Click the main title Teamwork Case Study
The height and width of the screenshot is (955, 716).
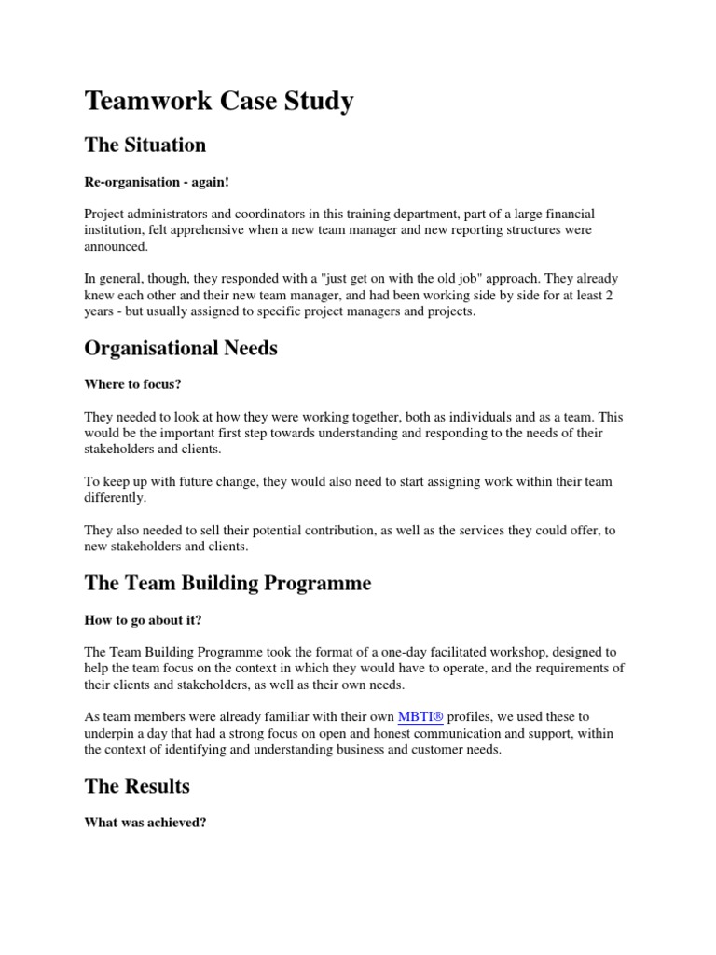pyautogui.click(x=219, y=101)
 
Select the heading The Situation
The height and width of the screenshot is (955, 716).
pyautogui.click(x=145, y=145)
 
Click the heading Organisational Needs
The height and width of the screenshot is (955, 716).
pyautogui.click(x=181, y=348)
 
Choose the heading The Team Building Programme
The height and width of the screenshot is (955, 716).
pyautogui.click(x=227, y=583)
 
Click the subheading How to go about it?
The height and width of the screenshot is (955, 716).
pyautogui.click(x=143, y=619)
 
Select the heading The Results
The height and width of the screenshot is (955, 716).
pyautogui.click(x=137, y=785)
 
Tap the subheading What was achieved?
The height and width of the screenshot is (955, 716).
pyautogui.click(x=145, y=823)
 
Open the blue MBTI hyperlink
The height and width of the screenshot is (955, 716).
pyautogui.click(x=421, y=716)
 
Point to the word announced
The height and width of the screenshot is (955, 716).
pyautogui.click(x=116, y=247)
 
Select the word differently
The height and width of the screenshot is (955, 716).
pyautogui.click(x=115, y=498)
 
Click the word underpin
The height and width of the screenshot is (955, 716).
pyautogui.click(x=110, y=733)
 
